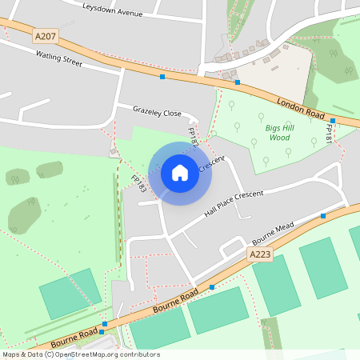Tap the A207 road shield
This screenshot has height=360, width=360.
(46, 36)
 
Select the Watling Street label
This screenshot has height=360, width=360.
(58, 58)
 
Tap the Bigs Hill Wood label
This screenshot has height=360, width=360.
(278, 132)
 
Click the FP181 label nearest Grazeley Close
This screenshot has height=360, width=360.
(193, 136)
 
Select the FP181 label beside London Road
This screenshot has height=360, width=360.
(328, 134)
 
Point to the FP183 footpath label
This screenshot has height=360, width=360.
(138, 184)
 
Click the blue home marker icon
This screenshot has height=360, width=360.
(180, 172)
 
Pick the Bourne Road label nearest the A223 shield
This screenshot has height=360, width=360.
(176, 300)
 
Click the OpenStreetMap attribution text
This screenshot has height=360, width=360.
(81, 354)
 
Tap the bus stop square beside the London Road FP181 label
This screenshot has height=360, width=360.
(332, 120)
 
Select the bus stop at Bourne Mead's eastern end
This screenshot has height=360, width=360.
(323, 216)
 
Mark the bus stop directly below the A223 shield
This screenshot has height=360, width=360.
(212, 286)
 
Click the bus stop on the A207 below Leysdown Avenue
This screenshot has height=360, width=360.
(162, 77)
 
